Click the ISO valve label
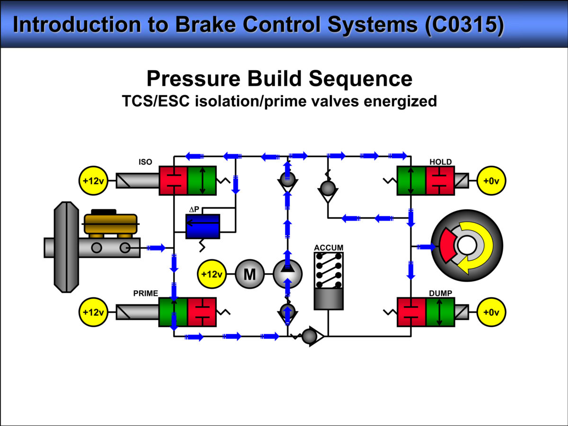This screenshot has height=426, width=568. pyautogui.click(x=145, y=162)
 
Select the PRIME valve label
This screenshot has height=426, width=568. pyautogui.click(x=145, y=293)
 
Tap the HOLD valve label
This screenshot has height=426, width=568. pyautogui.click(x=440, y=162)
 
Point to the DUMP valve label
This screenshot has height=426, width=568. pyautogui.click(x=440, y=293)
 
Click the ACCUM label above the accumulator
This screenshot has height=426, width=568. pyautogui.click(x=328, y=248)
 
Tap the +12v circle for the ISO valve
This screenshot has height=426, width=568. pyautogui.click(x=93, y=180)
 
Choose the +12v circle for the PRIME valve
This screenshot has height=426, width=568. pyautogui.click(x=93, y=312)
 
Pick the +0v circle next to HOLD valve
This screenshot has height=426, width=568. pyautogui.click(x=491, y=180)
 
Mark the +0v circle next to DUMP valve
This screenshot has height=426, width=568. pyautogui.click(x=491, y=312)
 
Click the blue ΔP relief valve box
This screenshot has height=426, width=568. pyautogui.click(x=203, y=226)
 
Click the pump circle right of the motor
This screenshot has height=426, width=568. pyautogui.click(x=287, y=274)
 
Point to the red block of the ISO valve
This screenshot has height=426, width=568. pyautogui.click(x=173, y=180)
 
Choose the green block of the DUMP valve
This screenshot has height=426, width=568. pyautogui.click(x=440, y=312)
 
